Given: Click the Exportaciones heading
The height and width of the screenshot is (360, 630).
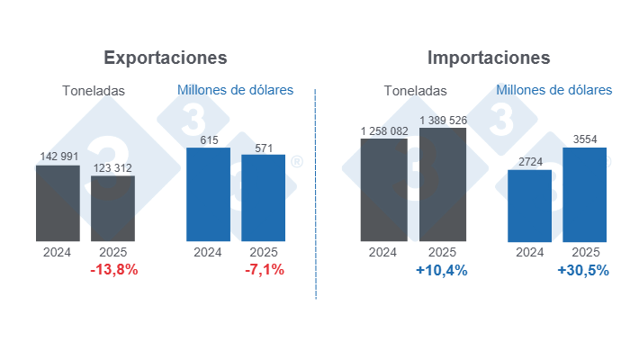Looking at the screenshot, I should [x=166, y=58].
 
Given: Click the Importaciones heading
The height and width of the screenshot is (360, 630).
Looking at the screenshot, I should [x=489, y=58].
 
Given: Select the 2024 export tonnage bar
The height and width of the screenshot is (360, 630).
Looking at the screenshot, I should [x=58, y=202].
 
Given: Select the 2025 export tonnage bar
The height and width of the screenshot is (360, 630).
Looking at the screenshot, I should [x=112, y=208].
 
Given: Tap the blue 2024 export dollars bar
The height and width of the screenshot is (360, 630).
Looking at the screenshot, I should [x=208, y=194].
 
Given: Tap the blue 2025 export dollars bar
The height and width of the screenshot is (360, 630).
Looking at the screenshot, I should [x=264, y=198].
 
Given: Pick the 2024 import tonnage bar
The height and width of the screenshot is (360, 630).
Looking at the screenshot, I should [x=382, y=189].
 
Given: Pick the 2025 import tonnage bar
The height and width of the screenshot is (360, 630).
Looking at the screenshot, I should [x=442, y=184].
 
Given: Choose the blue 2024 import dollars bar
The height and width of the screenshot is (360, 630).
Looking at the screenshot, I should [x=529, y=205].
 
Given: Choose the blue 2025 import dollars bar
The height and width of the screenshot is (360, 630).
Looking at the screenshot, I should [x=585, y=194].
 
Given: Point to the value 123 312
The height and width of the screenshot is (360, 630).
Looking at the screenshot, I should [x=113, y=167].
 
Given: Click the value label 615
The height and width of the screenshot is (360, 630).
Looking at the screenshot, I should [x=208, y=139].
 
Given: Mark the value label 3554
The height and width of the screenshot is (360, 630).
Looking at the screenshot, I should [x=585, y=139].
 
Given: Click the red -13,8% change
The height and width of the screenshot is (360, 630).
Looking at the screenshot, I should [x=113, y=270].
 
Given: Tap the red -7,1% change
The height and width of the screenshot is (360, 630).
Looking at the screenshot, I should [x=264, y=270].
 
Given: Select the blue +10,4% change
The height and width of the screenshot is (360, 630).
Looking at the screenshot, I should [x=442, y=270].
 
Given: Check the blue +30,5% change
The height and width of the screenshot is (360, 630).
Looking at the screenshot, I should [x=583, y=270].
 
